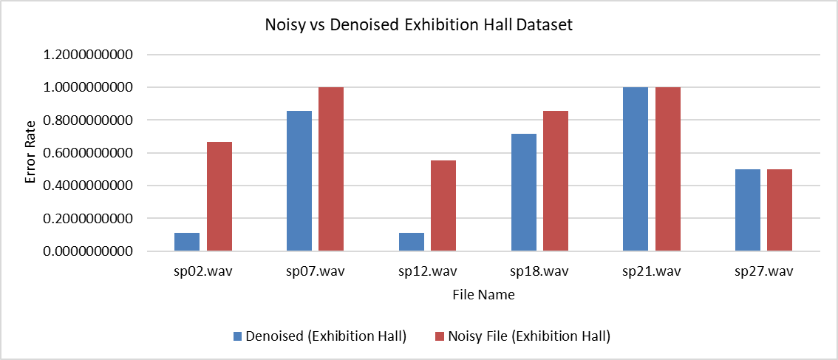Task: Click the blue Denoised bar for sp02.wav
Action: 187,242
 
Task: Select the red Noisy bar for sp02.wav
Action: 219,196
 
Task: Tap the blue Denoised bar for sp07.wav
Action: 299,181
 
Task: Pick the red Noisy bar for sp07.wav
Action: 331,169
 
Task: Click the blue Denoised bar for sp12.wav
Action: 412,242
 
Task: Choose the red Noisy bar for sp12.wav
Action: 443,206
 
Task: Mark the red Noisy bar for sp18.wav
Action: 556,181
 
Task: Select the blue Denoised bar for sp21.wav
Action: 636,169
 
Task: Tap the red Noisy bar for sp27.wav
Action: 780,210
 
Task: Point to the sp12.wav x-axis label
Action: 427,271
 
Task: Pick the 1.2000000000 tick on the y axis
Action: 92,55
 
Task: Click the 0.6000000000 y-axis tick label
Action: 92,153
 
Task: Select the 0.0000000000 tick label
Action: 92,251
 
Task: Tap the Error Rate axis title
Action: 31,153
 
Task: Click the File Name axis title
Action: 484,294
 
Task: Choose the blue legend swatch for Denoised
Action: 238,336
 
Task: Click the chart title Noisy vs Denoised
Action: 419,24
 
